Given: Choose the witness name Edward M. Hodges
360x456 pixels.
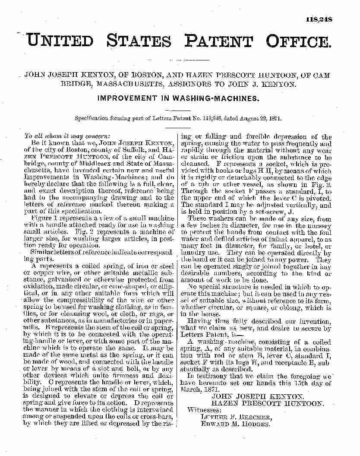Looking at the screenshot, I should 236,424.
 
